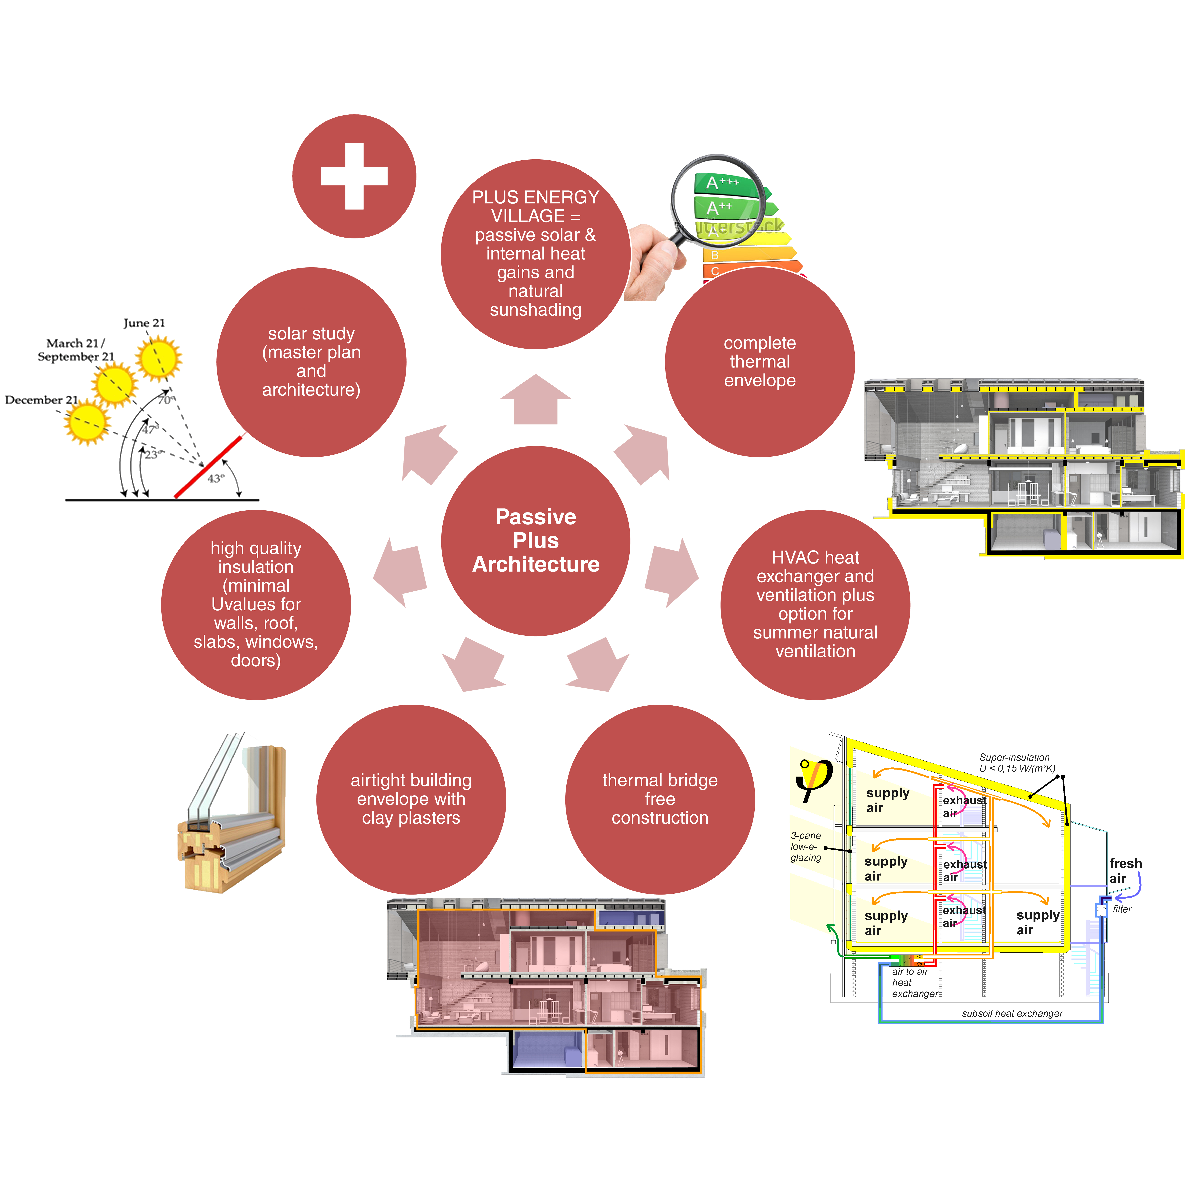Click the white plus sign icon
[354, 176]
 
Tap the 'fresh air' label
[1125, 870]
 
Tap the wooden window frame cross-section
[232, 816]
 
